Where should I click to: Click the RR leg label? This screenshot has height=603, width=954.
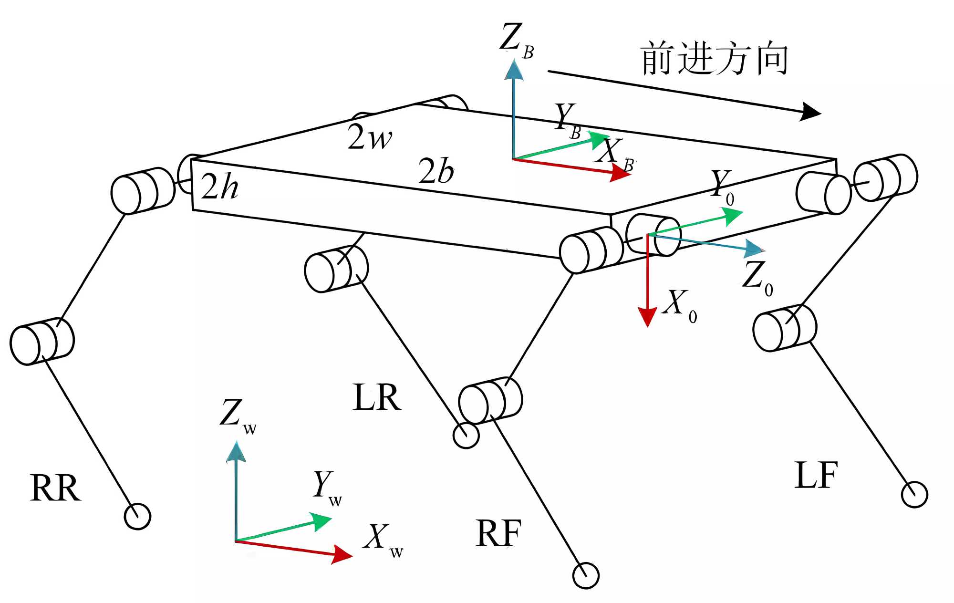(x=55, y=488)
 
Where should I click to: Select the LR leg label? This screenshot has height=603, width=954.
(x=377, y=397)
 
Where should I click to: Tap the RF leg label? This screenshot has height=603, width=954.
(x=498, y=533)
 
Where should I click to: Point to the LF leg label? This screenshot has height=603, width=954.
(x=816, y=475)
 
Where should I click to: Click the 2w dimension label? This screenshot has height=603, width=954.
(x=370, y=137)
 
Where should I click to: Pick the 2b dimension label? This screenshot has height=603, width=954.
(x=436, y=171)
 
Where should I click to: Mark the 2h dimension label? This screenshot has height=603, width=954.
(x=219, y=186)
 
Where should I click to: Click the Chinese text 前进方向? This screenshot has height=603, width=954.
(x=714, y=58)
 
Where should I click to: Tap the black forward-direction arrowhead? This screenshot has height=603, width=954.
(x=811, y=112)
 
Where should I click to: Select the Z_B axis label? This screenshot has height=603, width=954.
(x=517, y=40)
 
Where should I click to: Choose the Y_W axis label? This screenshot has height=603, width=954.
(x=327, y=488)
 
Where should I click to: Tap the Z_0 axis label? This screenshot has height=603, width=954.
(x=757, y=278)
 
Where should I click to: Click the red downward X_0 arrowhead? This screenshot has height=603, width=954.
(x=647, y=317)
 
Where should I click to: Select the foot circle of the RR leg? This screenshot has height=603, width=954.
(x=137, y=516)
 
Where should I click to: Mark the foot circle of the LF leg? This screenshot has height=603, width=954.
(x=914, y=494)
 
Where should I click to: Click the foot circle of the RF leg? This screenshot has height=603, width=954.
(x=586, y=576)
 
